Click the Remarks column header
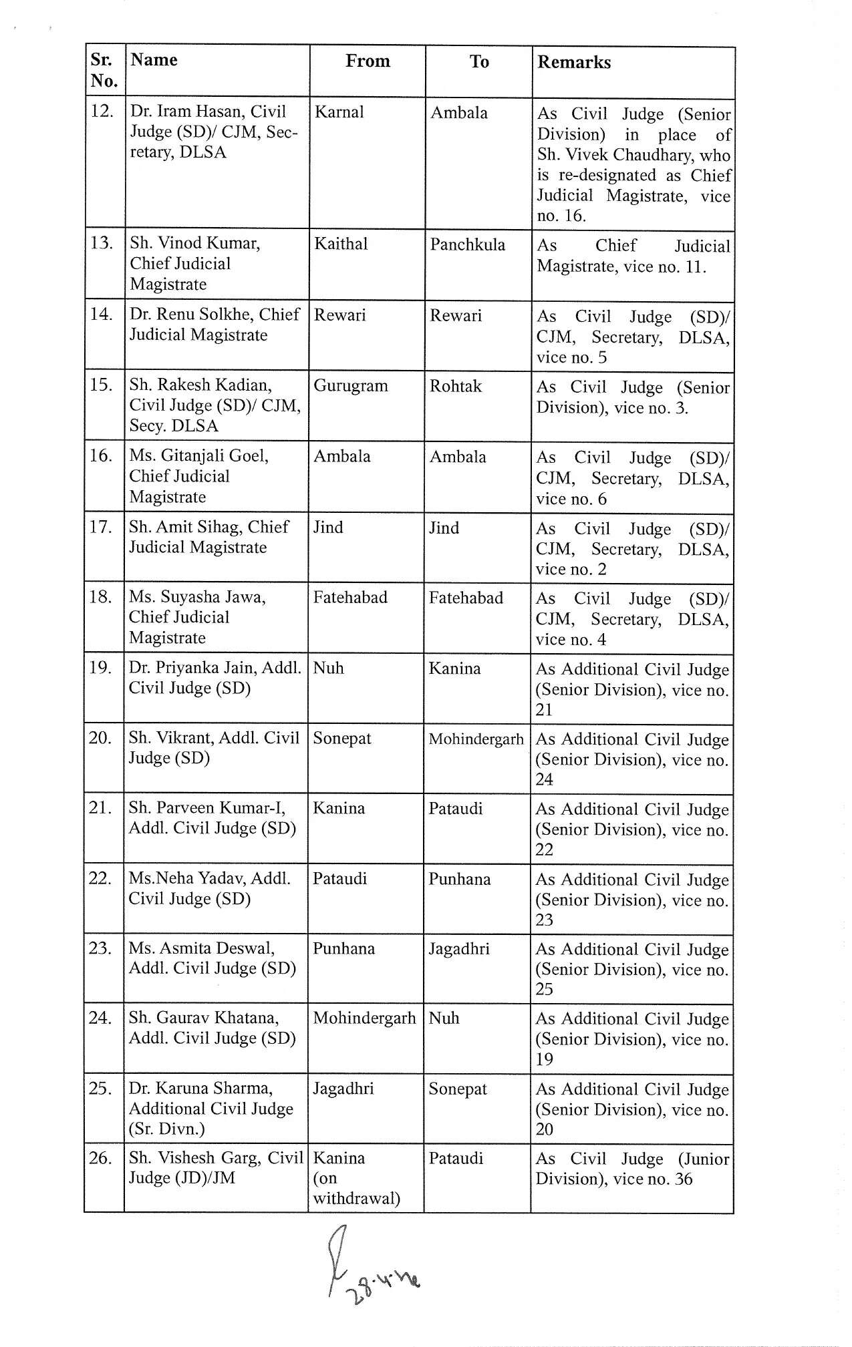click(574, 63)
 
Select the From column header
click(368, 61)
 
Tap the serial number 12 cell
click(102, 111)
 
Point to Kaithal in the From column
click(341, 244)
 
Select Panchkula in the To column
click(467, 244)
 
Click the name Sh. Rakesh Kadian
click(200, 385)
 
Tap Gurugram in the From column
click(350, 386)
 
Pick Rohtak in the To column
click(455, 386)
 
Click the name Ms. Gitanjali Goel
click(198, 455)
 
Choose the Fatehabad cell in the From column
click(350, 597)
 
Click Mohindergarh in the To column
click(476, 739)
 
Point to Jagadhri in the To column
click(458, 949)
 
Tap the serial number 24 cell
click(100, 1018)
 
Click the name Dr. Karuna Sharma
click(200, 1088)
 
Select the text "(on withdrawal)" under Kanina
click(356, 1188)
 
